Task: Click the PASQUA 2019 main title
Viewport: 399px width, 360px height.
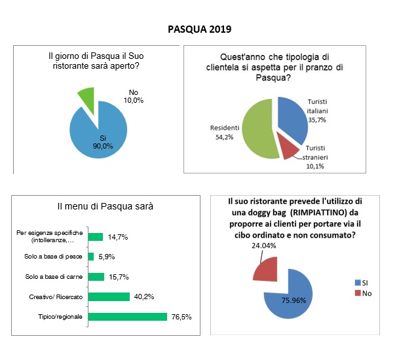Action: (199, 29)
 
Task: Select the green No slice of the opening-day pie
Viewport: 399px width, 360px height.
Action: (88, 98)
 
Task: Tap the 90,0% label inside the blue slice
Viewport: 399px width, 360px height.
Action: (103, 146)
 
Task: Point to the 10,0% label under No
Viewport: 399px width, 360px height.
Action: (134, 100)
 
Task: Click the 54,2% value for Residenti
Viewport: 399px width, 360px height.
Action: (224, 137)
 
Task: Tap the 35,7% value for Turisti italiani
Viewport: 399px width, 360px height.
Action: (317, 120)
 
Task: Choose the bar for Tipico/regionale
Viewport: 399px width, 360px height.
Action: (128, 317)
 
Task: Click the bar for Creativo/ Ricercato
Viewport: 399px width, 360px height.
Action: (109, 297)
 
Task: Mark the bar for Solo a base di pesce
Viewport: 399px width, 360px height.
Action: (91, 257)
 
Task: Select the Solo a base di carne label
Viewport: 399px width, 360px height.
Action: (54, 277)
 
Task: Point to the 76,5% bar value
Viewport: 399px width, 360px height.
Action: (181, 317)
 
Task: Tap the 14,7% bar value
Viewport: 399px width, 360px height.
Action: (118, 237)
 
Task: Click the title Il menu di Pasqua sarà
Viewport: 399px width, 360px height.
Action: (105, 206)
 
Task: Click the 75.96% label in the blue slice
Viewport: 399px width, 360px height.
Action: (294, 300)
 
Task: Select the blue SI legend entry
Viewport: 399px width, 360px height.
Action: (362, 283)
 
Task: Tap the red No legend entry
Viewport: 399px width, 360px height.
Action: (363, 293)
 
